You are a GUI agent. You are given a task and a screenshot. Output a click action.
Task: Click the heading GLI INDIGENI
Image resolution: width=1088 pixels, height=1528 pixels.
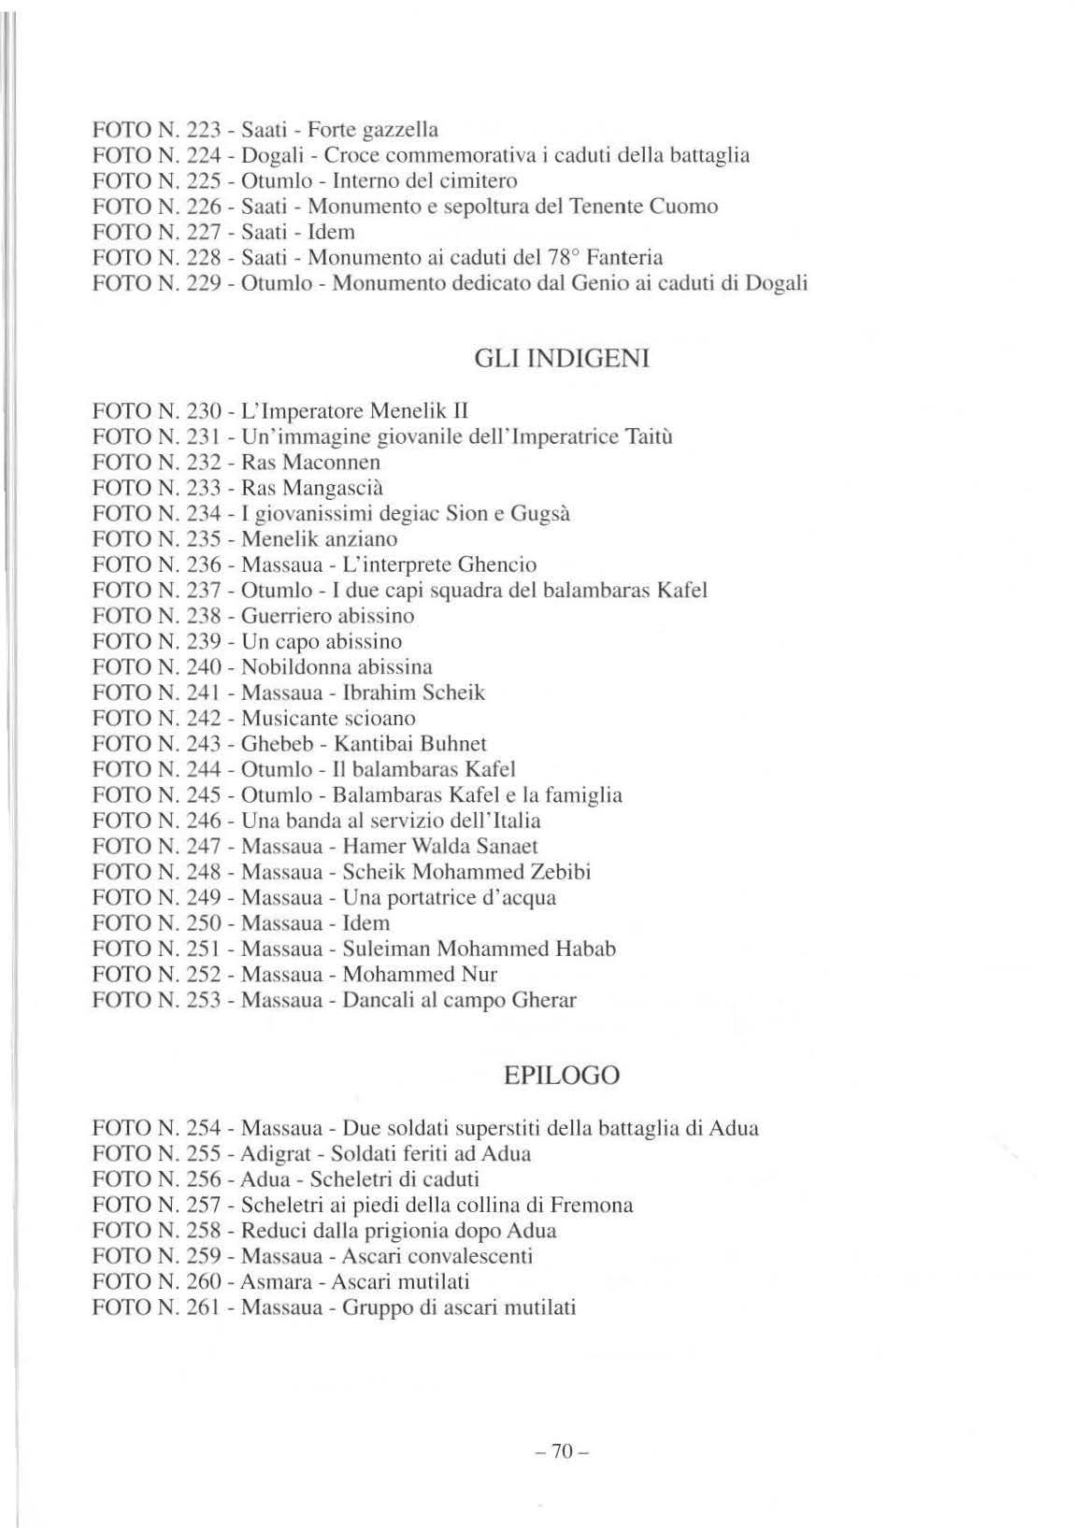(562, 359)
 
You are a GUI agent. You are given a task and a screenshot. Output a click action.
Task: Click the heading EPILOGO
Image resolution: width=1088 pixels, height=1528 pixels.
(561, 1076)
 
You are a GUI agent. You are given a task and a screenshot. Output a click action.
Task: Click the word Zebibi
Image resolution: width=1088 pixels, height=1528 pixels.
(561, 872)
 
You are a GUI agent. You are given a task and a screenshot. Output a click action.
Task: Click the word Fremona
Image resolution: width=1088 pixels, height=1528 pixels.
(592, 1205)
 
